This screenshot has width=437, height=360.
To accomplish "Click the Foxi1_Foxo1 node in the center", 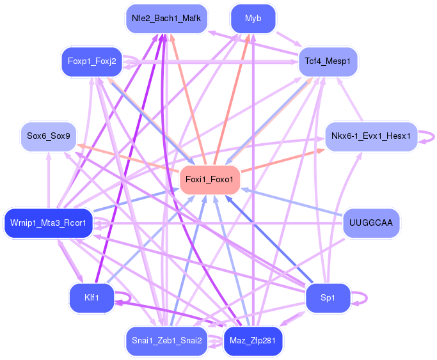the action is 210,179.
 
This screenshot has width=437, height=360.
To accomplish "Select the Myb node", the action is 253,19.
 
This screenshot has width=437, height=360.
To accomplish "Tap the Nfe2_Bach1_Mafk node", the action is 166,19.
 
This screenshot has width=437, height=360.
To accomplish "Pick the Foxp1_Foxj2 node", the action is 92,61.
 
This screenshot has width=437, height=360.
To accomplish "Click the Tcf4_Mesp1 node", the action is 328,61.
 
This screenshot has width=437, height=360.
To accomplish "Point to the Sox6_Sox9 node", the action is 49,136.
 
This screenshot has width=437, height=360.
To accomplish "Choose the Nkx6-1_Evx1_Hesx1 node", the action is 371,136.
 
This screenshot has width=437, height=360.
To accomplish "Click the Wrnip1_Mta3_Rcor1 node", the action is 48,223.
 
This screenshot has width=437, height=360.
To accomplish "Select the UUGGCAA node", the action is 371,223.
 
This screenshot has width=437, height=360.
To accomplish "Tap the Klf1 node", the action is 91,298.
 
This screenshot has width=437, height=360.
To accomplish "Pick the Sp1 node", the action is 328,298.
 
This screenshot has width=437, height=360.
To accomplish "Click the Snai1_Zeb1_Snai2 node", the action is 166,341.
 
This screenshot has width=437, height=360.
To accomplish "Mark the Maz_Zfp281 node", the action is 253,341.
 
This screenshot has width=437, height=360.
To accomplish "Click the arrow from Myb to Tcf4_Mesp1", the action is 289,40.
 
